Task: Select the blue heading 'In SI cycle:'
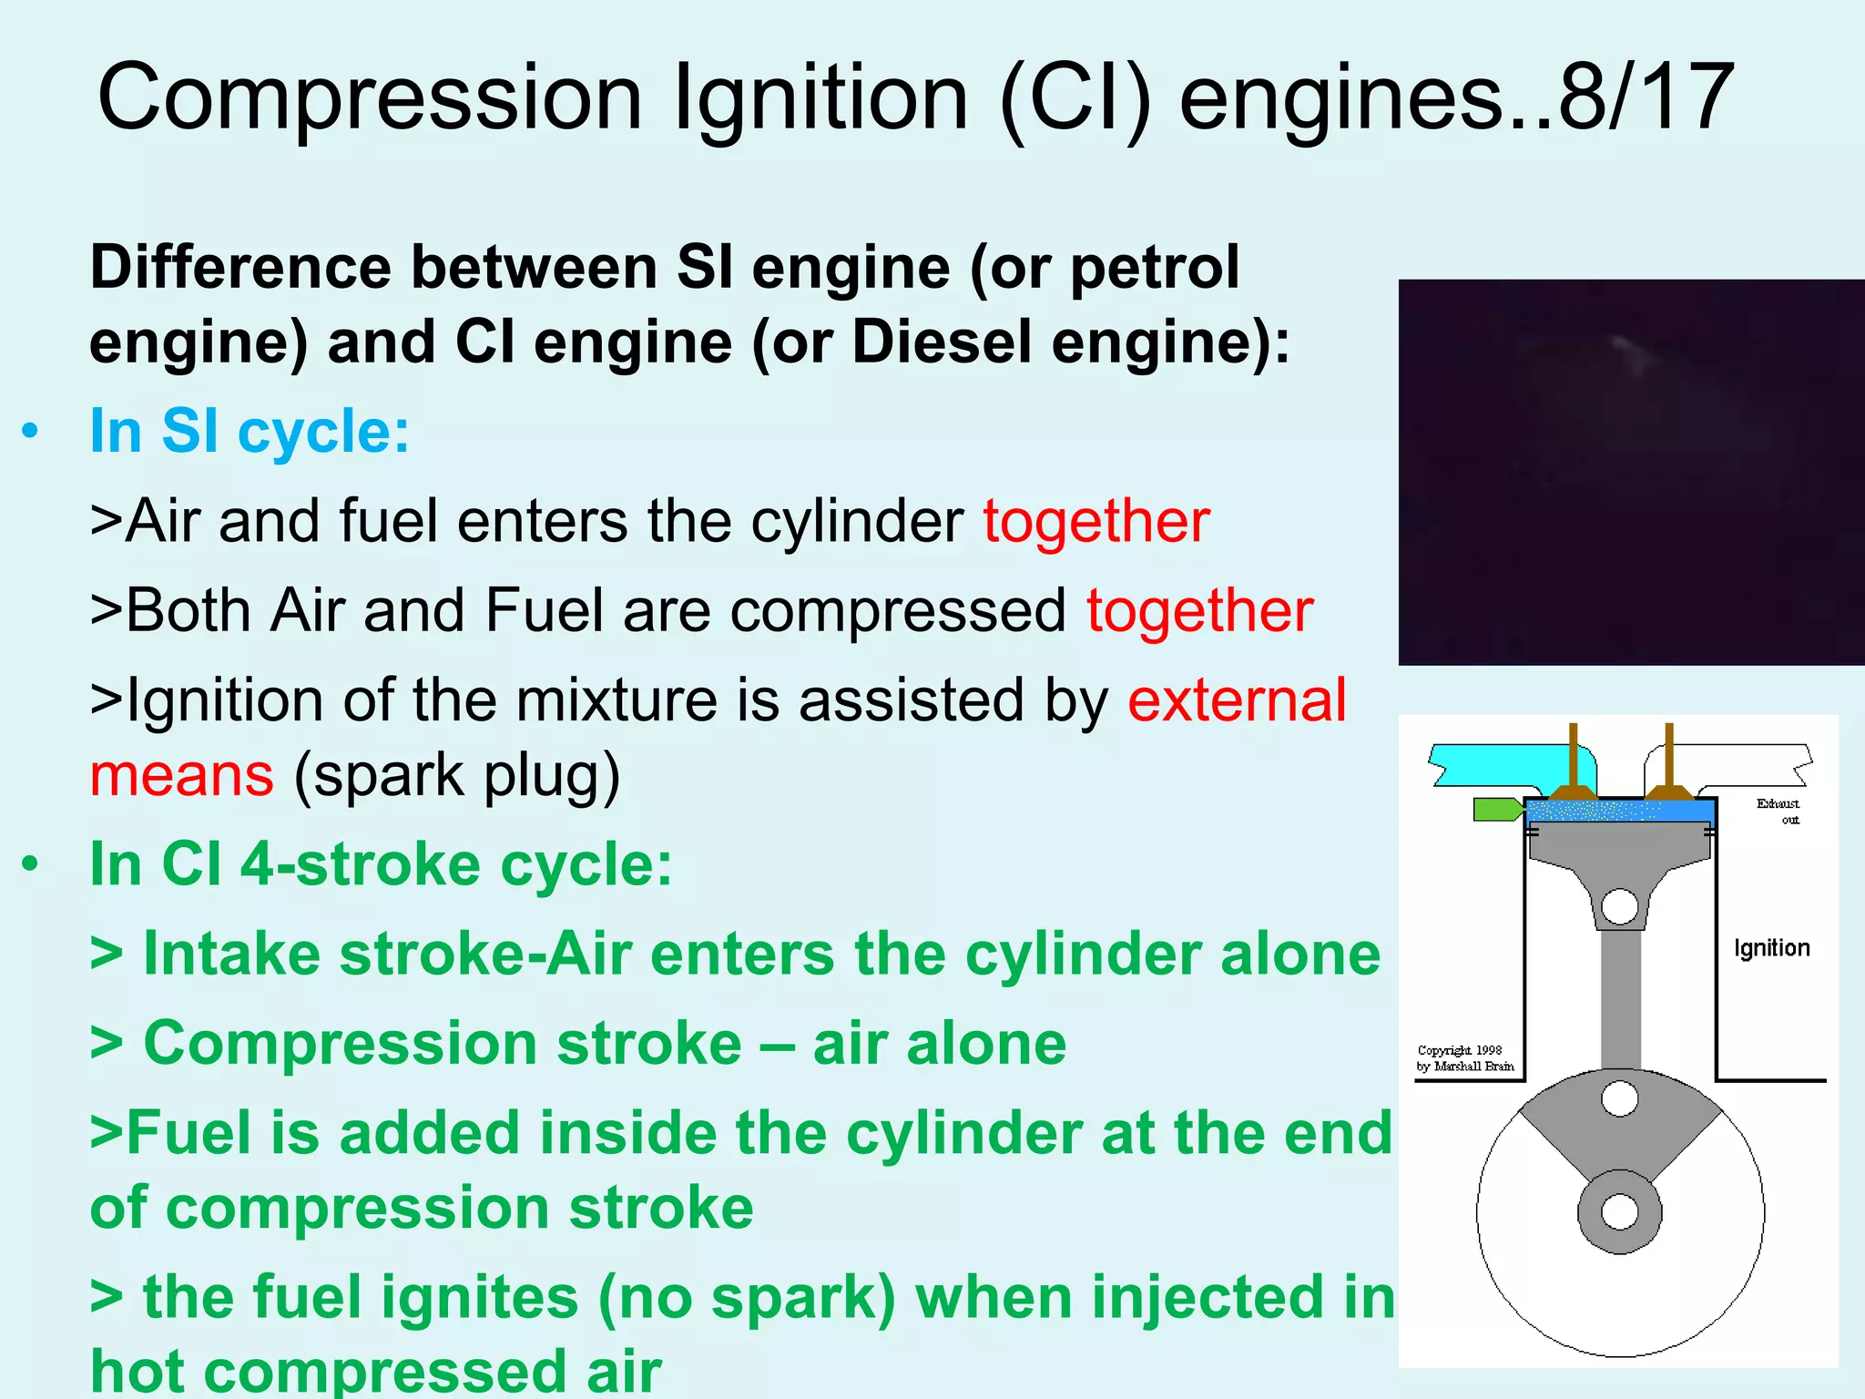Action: [250, 431]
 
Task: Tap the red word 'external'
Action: [1237, 700]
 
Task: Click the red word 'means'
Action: [181, 776]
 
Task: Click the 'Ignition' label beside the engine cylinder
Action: [1771, 948]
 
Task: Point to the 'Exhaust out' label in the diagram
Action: [1778, 811]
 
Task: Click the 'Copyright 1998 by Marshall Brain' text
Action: [1464, 1058]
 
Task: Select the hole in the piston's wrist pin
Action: [1620, 906]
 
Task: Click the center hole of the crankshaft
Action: [1620, 1212]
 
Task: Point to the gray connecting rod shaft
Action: [1621, 1002]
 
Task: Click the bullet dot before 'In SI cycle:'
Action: [31, 431]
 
